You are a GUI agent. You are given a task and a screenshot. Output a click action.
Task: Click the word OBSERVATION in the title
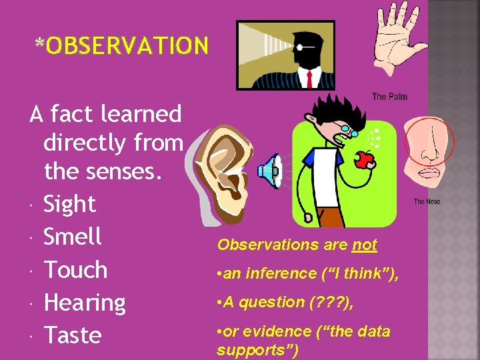[x=127, y=45]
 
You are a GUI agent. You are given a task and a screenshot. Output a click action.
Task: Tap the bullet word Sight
[x=69, y=204]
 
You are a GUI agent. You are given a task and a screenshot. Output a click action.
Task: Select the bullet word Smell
[x=72, y=237]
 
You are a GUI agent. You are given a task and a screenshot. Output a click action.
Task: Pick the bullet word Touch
[x=75, y=270]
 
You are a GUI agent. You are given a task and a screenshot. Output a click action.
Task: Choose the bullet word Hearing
[x=84, y=303]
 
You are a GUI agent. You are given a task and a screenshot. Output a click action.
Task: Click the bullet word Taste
[x=72, y=335]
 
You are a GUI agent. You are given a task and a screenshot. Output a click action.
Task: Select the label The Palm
[x=389, y=97]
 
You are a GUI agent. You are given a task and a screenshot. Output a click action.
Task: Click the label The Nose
[x=427, y=201]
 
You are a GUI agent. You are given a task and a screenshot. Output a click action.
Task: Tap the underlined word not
[x=365, y=245]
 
